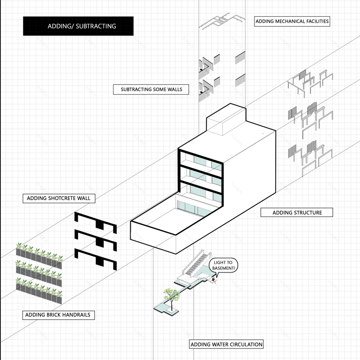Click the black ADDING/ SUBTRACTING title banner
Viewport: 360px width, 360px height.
point(78,26)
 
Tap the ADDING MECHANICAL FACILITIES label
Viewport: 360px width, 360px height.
point(292,21)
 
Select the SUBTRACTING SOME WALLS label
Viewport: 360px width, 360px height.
point(151,89)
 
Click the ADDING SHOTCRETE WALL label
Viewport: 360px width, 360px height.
point(59,198)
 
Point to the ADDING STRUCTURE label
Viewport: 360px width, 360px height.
point(297,212)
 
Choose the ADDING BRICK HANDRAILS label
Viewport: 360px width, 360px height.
point(58,315)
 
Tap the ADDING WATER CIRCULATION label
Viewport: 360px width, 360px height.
point(226,344)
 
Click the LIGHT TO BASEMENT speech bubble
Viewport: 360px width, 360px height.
point(223,265)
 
